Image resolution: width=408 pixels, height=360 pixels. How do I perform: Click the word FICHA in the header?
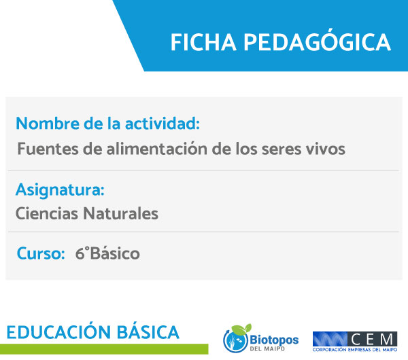(203, 42)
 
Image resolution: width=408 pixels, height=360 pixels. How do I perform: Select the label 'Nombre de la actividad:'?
(107, 123)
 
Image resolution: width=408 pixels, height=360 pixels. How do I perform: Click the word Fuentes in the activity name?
(48, 149)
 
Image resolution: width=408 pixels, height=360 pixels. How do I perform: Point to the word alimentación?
(157, 149)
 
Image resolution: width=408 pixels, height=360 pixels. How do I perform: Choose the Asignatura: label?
(60, 190)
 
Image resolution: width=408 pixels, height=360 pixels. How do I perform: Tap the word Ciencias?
(47, 213)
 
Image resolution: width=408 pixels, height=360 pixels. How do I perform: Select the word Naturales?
(121, 213)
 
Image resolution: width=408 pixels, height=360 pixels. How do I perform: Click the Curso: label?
(41, 253)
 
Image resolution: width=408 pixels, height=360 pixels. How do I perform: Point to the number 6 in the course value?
(80, 253)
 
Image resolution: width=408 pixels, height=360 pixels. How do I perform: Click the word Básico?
(115, 253)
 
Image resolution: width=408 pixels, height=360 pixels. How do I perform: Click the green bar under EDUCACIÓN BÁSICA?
(104, 349)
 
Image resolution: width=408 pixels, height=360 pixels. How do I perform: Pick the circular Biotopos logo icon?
(236, 338)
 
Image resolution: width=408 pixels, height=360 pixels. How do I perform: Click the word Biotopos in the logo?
(274, 340)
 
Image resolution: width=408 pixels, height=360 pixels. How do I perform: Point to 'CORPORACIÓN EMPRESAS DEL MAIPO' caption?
(355, 350)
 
